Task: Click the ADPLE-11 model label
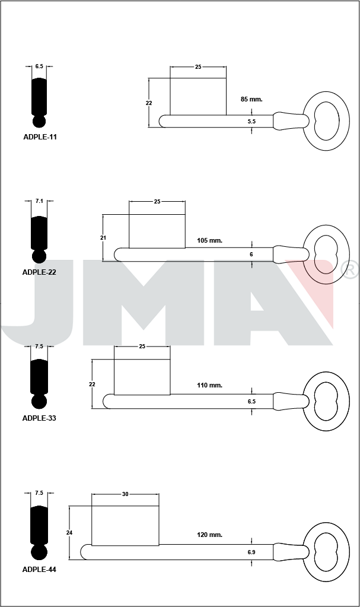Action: pos(40,137)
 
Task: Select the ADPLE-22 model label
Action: pos(39,272)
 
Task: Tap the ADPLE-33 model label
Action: pos(39,418)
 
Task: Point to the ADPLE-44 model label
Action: pos(39,570)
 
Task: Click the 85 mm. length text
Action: pos(251,99)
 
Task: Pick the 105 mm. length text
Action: pos(210,240)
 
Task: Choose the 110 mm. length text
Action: pos(210,385)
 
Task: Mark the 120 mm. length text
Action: pos(210,535)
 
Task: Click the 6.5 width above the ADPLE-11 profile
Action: pos(39,66)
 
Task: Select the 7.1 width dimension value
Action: pos(39,201)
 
